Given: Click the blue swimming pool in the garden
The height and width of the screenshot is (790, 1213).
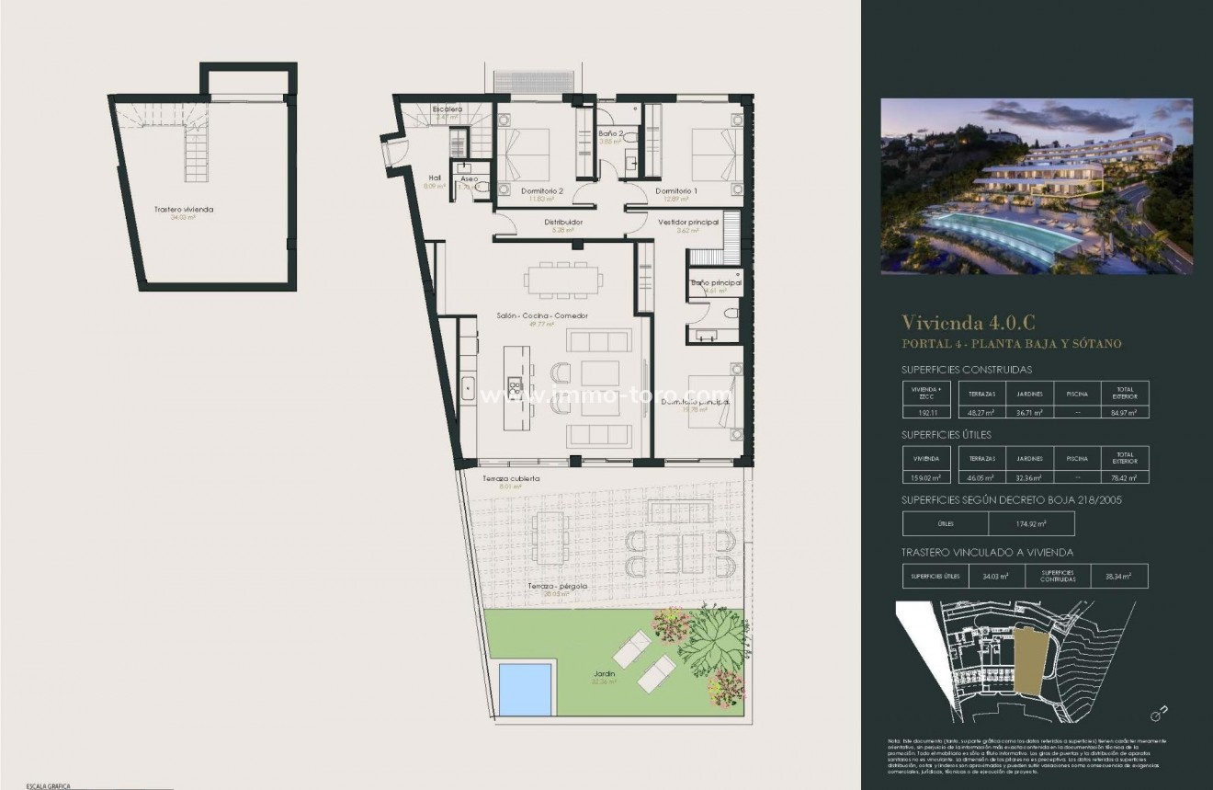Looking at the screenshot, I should click(525, 688).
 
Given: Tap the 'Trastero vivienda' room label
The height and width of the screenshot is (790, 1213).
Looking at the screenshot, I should click(184, 210).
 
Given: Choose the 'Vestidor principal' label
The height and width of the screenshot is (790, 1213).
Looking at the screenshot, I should click(688, 222).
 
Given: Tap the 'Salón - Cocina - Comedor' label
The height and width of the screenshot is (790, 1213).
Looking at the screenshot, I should click(542, 315).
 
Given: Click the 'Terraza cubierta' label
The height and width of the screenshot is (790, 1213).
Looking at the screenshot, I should click(511, 479).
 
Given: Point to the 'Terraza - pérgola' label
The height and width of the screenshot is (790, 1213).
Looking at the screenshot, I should click(557, 586).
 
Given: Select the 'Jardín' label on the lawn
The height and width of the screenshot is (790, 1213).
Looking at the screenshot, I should click(604, 674).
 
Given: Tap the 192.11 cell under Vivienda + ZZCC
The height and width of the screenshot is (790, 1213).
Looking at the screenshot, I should click(925, 412).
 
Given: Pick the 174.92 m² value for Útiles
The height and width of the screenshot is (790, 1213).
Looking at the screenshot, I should click(1031, 524).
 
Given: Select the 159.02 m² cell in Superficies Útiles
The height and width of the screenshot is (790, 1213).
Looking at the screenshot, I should click(925, 477).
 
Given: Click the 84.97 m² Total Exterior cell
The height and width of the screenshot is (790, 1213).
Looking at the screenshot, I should click(1125, 412).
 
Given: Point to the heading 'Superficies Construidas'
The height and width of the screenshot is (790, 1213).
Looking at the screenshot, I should click(967, 370).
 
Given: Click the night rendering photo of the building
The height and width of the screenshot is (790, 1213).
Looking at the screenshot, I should click(1037, 186).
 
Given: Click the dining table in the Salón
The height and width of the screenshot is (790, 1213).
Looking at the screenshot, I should click(563, 277).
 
